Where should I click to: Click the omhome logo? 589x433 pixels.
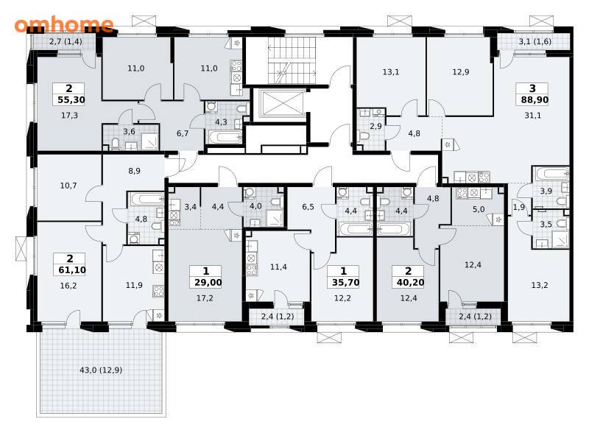64,24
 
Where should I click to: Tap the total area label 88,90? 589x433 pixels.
535,100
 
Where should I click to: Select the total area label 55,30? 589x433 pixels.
71,100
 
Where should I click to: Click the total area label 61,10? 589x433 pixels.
72,270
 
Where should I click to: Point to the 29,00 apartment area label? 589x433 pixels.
208,282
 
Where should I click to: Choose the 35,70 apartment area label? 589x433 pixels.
345,282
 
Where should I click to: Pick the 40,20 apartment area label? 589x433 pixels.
410,282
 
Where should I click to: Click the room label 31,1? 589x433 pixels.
532,116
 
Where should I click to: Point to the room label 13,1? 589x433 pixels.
391,71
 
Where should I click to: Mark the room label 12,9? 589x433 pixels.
461,71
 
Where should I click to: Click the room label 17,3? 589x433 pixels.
69,116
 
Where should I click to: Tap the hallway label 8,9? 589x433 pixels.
134,171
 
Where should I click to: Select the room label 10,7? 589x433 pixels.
68,186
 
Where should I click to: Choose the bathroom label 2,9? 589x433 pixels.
375,127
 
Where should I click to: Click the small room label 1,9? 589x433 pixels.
519,207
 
